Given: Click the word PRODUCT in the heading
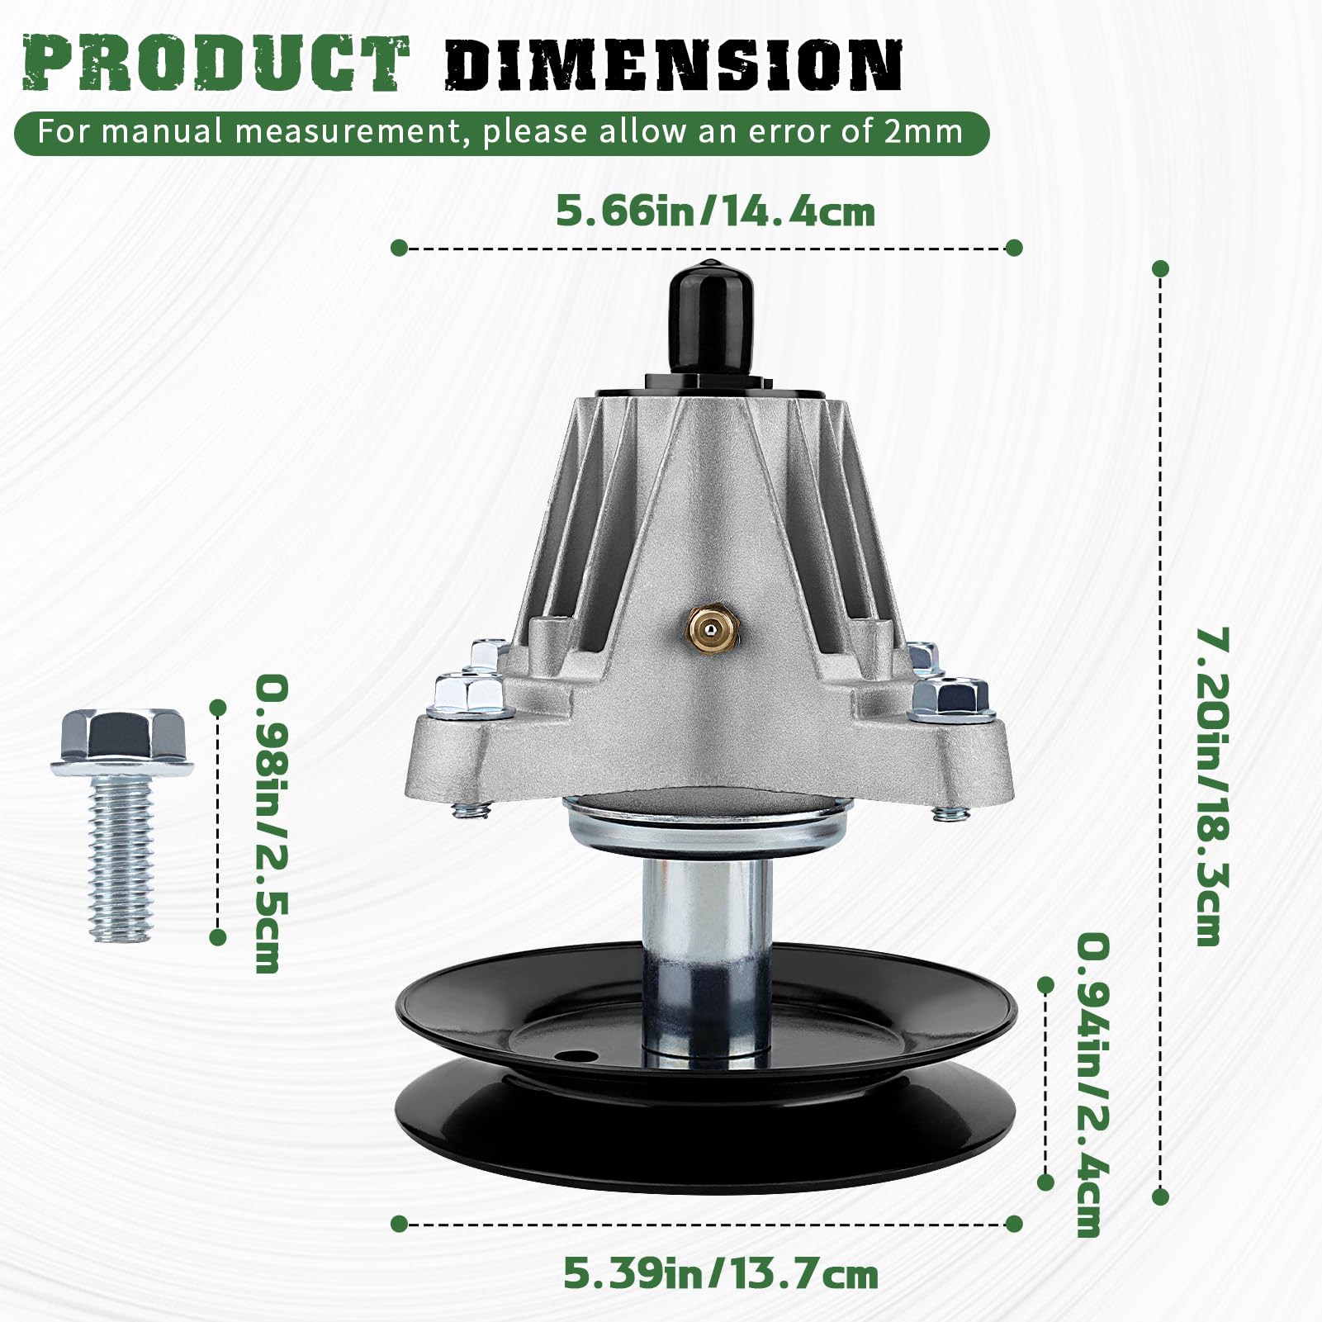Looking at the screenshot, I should click(216, 63).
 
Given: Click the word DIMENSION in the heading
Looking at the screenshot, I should click(673, 64).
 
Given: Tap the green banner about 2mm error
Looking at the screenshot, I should click(501, 133).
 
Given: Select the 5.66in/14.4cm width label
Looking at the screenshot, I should click(715, 211).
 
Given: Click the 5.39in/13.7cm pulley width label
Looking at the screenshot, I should click(720, 1273).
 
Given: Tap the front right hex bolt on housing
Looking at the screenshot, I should click(951, 694).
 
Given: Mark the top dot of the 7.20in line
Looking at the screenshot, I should click(1160, 268).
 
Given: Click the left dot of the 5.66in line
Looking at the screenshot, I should click(399, 248).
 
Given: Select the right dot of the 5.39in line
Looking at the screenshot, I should click(1015, 1223).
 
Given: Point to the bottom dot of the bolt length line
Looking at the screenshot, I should click(218, 937).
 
